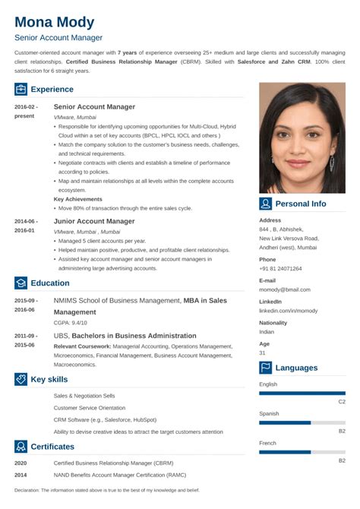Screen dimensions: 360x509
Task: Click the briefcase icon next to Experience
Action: [21, 89]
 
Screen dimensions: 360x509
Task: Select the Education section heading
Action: [50, 283]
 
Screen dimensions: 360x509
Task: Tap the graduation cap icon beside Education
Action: [21, 283]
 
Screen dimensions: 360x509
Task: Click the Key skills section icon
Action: [21, 379]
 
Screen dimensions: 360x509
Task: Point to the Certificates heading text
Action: [52, 446]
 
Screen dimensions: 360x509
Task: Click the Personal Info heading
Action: [300, 204]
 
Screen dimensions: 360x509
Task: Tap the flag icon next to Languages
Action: [266, 368]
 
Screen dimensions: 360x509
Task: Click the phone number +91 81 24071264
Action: [280, 268]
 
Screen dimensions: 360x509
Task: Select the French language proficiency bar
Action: [285, 452]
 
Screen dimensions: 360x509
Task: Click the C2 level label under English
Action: [342, 401]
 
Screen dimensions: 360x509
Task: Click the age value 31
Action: [263, 353]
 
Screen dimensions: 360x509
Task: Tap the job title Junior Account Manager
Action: [94, 221]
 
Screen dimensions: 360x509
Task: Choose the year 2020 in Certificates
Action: [21, 463]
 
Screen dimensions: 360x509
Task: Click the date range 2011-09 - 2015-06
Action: [25, 340]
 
